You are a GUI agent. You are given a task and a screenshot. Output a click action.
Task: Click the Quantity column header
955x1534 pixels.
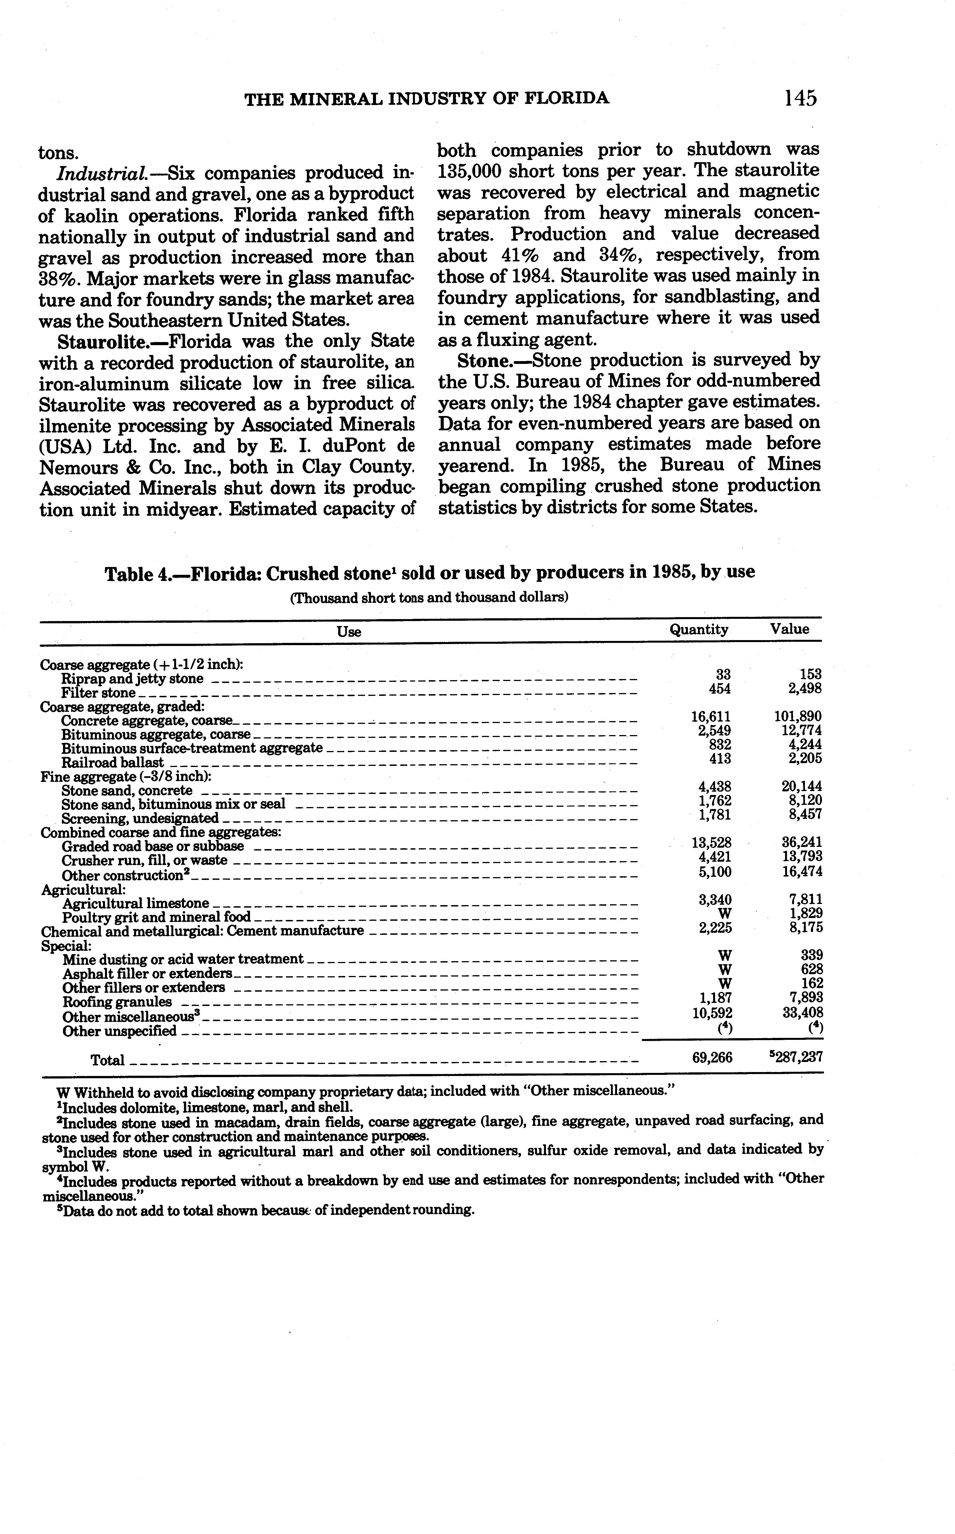coord(699,629)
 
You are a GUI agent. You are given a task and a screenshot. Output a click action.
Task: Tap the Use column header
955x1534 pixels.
coord(349,631)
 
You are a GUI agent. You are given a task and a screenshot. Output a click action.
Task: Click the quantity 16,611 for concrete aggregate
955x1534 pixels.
coord(711,717)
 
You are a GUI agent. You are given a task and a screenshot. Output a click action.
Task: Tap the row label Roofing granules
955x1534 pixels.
coord(117,1002)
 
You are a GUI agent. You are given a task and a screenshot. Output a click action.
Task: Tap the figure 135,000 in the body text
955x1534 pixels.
coord(469,171)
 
